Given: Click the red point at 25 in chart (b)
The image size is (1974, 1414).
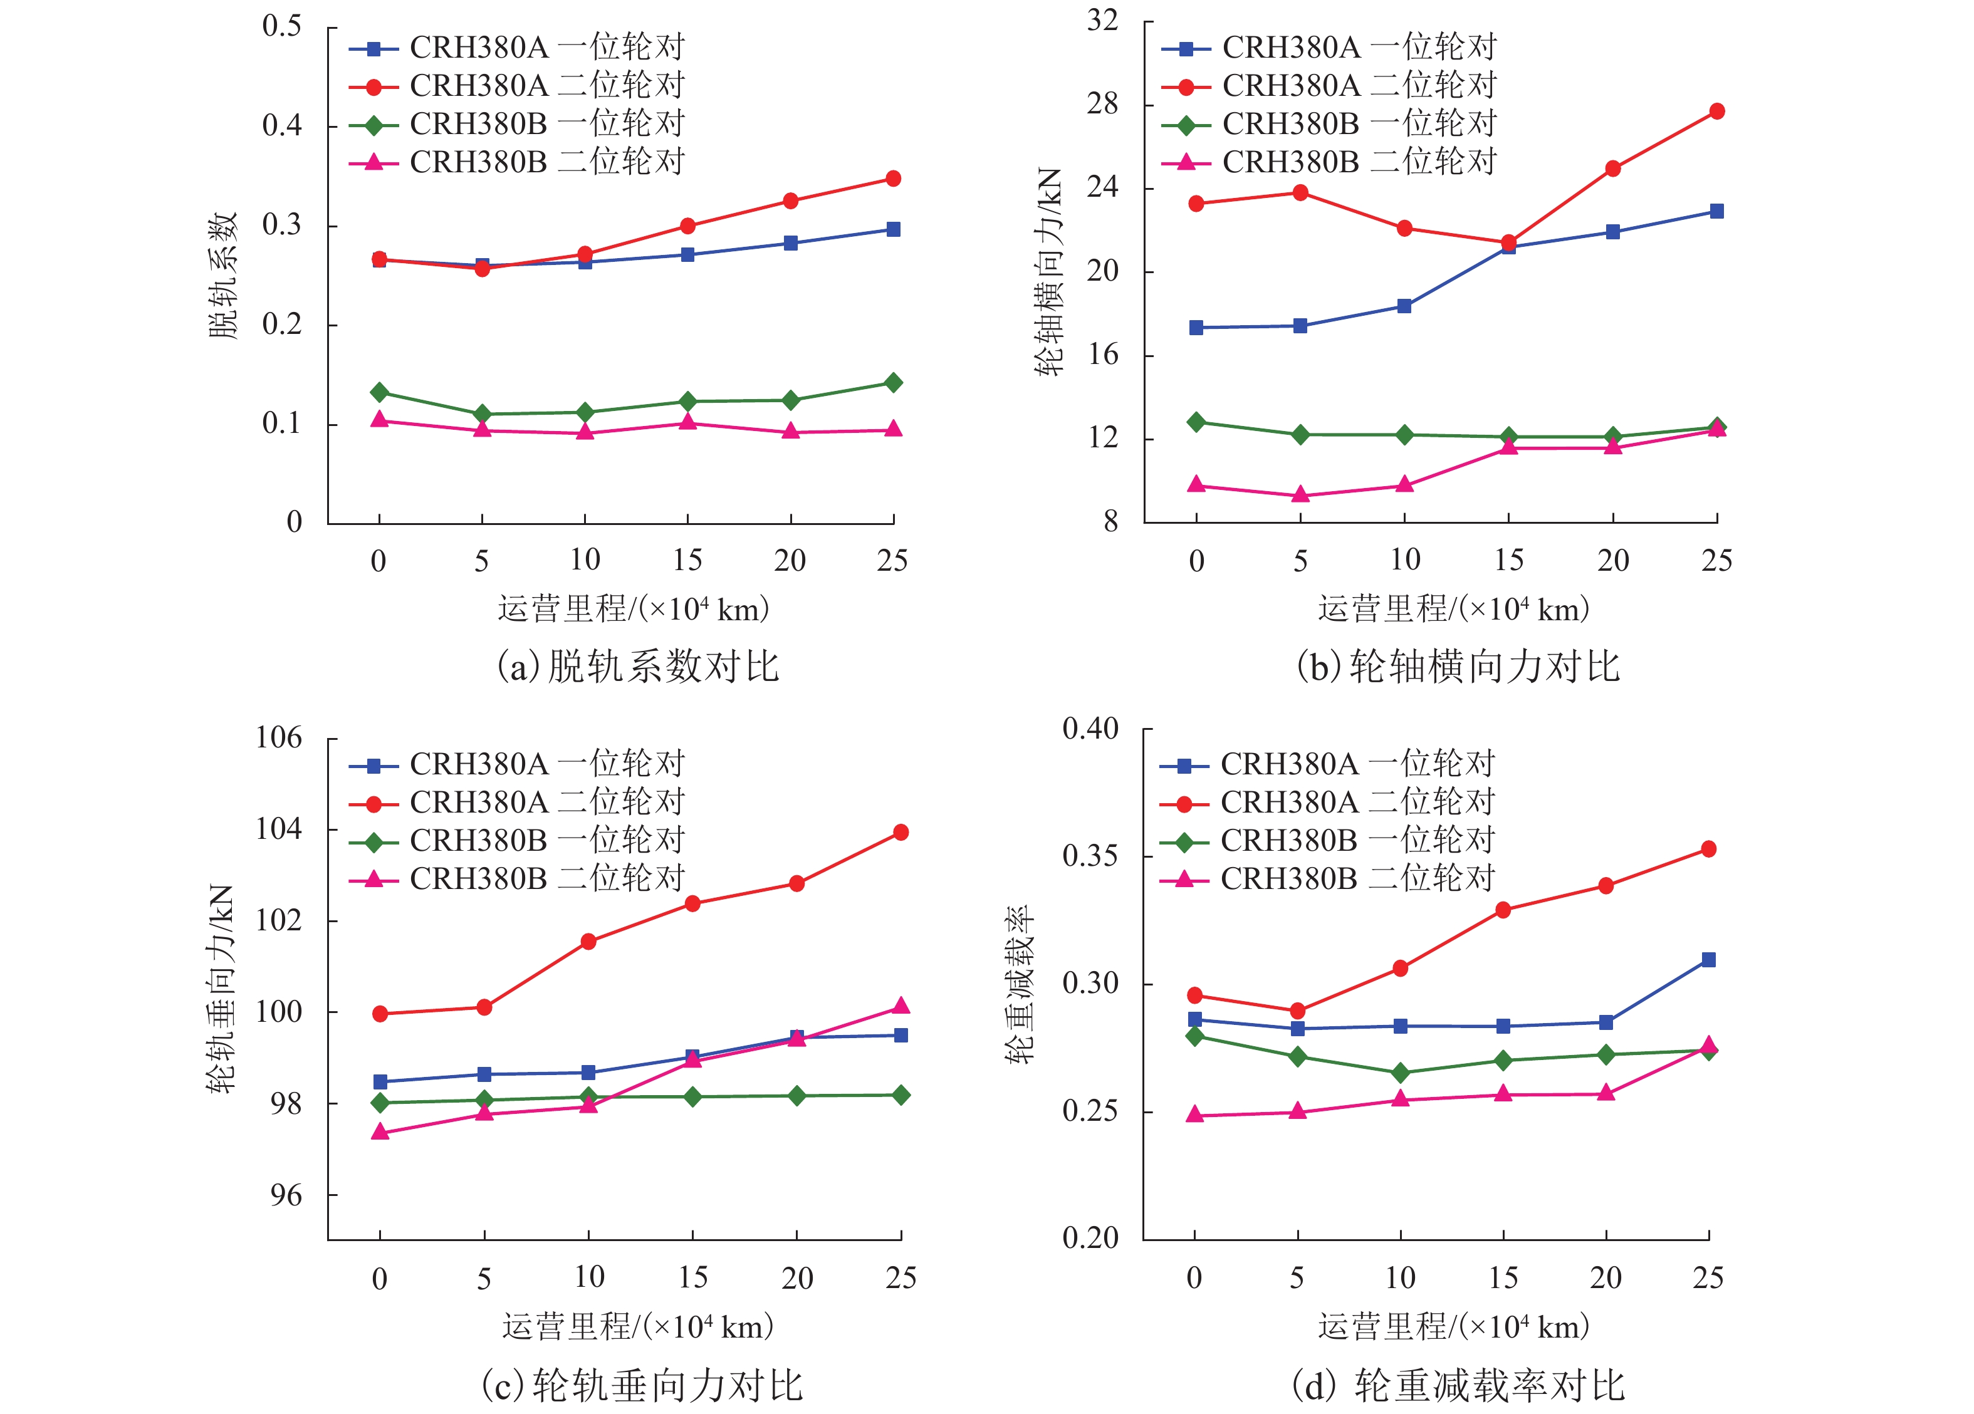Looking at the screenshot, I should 1716,112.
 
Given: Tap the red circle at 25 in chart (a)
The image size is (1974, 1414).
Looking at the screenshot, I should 893,179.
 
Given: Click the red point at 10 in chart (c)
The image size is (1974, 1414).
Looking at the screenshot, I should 588,942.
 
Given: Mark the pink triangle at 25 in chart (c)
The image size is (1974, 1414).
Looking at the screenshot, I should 901,1007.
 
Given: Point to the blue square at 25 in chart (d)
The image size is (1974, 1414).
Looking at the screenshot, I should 1708,960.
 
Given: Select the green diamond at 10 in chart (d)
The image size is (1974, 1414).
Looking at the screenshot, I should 1401,1073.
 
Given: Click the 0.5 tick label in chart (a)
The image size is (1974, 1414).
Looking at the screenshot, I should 282,27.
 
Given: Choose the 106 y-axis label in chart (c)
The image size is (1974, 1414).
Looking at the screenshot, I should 278,739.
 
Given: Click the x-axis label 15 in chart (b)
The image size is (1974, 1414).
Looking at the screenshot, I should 1508,560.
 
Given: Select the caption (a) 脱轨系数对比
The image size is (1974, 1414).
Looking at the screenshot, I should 638,667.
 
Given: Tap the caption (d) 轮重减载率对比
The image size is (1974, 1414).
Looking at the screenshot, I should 1458,1385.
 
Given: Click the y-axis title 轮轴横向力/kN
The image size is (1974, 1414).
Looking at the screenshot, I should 1050,271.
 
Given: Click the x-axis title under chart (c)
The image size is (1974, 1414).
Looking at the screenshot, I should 638,1326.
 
